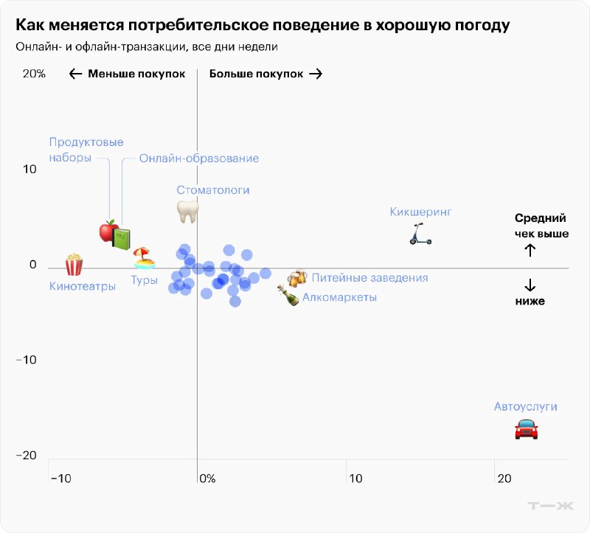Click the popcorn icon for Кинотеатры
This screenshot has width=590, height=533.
click(74, 265)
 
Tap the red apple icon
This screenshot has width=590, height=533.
click(109, 231)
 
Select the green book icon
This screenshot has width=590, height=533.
click(122, 238)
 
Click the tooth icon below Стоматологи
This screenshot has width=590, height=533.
click(188, 212)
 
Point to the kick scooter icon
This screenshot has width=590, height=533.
click(420, 234)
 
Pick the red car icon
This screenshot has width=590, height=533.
click(526, 428)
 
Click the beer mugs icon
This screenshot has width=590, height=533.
click(296, 279)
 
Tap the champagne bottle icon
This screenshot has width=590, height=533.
click(288, 296)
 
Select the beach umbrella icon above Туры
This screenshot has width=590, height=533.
click(144, 258)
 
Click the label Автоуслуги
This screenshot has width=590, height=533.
click(525, 406)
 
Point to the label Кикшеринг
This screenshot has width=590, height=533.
click(420, 212)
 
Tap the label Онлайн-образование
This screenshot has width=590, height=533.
click(199, 158)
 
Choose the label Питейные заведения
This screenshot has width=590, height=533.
click(369, 278)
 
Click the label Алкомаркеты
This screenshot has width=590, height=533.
click(339, 297)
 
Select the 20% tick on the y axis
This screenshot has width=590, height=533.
click(34, 74)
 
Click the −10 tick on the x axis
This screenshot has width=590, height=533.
click(60, 478)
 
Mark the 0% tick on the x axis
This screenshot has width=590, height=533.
click(206, 478)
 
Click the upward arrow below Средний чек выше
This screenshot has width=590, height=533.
click(530, 250)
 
